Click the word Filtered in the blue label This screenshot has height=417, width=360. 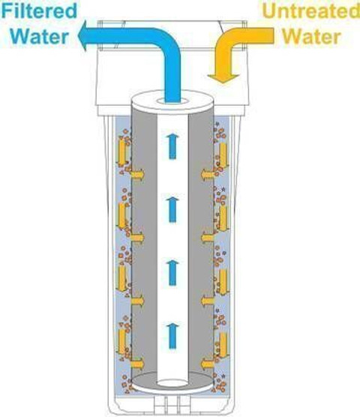tap(39, 10)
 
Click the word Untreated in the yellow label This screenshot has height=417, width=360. tap(310, 10)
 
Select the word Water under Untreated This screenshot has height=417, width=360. tap(311, 36)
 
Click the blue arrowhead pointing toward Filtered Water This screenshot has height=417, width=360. tap(85, 36)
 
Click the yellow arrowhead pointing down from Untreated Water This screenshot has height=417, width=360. tap(223, 78)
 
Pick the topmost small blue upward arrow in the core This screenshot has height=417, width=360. tap(172, 146)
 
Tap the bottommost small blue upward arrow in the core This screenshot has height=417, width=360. tap(172, 335)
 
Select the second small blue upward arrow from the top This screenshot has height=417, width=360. tap(172, 209)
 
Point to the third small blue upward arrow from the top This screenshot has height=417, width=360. tap(172, 272)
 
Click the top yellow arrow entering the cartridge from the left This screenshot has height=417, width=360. tap(137, 175)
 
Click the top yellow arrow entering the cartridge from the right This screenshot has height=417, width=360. tap(208, 175)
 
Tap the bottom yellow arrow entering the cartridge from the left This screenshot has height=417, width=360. tap(137, 363)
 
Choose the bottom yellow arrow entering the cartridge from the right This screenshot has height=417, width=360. tap(208, 364)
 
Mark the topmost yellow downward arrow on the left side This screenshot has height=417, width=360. tap(122, 153)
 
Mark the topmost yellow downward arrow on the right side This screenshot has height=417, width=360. tap(223, 155)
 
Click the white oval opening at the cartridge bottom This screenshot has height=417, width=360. tap(172, 383)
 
